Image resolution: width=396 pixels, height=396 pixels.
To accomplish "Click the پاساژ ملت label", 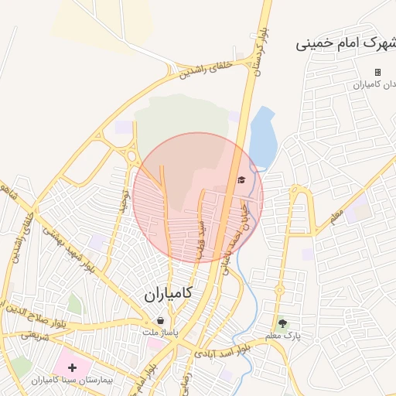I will click(x=159, y=332).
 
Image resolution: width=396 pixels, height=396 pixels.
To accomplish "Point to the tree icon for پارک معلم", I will click(x=282, y=323).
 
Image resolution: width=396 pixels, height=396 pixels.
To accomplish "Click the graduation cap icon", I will click(x=241, y=180).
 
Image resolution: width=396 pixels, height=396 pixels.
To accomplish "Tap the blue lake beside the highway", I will click(x=262, y=139).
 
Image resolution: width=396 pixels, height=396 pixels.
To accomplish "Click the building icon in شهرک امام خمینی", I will click(x=377, y=72).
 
